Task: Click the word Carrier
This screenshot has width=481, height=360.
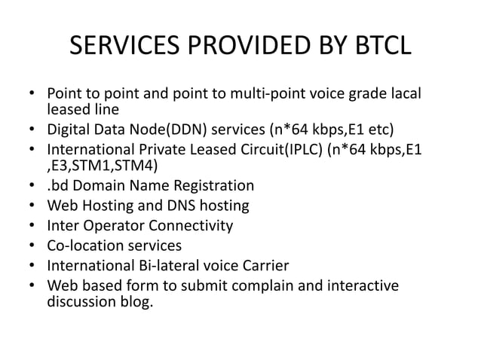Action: (x=287, y=265)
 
